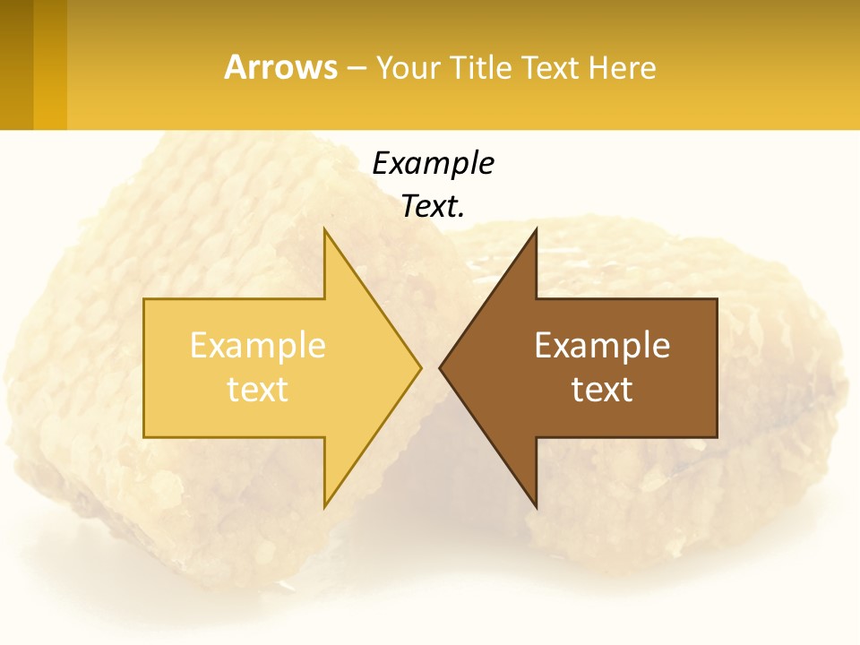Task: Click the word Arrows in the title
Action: pos(280,67)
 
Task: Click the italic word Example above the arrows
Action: pos(433,163)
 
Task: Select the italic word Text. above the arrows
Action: pos(433,206)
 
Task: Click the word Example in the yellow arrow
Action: pos(258,346)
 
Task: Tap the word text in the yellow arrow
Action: pos(258,390)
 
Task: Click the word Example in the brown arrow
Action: pos(602,346)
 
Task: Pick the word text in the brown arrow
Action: pos(602,390)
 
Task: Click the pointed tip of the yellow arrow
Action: pos(418,367)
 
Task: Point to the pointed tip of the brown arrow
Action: pos(443,367)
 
